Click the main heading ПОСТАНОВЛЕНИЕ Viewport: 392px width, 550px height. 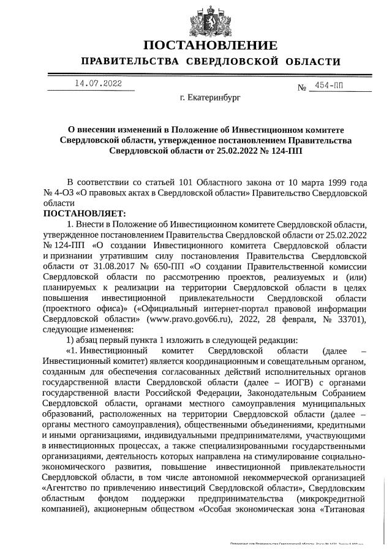tap(209, 45)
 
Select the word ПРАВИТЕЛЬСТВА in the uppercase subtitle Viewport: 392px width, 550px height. tap(129, 61)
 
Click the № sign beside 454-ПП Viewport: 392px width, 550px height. tap(301, 88)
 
